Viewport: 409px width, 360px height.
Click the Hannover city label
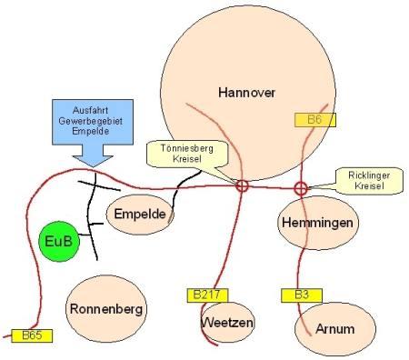[x=246, y=93]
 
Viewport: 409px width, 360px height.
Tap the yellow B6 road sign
[x=315, y=120]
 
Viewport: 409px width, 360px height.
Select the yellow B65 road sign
[x=32, y=335]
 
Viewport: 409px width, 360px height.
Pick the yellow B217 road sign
[x=207, y=295]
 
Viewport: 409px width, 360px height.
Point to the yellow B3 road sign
[x=302, y=295]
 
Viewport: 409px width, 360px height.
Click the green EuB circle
[x=59, y=242]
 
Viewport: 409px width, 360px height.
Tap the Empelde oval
[x=140, y=215]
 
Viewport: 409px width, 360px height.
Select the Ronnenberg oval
[x=106, y=309]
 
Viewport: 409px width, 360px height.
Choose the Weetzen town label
[x=227, y=322]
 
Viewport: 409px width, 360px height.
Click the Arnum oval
[x=335, y=329]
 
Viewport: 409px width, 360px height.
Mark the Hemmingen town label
[x=317, y=223]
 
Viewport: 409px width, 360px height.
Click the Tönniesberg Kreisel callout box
[x=187, y=154]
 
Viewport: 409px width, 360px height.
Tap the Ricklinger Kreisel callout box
[x=369, y=181]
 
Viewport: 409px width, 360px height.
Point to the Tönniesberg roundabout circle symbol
[x=242, y=181]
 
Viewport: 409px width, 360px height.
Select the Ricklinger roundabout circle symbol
[x=301, y=183]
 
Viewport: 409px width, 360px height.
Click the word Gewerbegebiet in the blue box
[x=91, y=121]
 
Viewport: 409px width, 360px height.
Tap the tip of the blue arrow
[x=93, y=167]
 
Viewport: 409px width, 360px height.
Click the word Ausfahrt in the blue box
[x=91, y=110]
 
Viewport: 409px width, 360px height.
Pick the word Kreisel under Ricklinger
[x=369, y=185]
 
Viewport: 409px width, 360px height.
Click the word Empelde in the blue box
[x=91, y=131]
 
